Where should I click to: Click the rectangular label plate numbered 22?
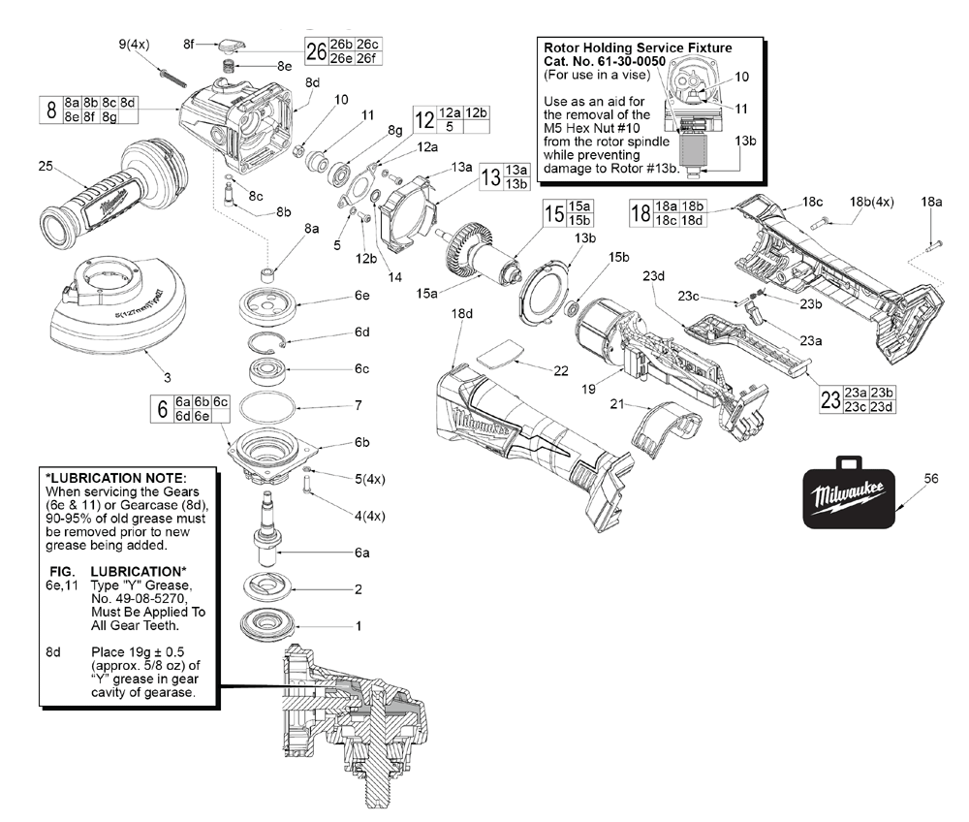click(500, 353)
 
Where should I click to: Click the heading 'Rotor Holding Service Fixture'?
click(637, 47)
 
